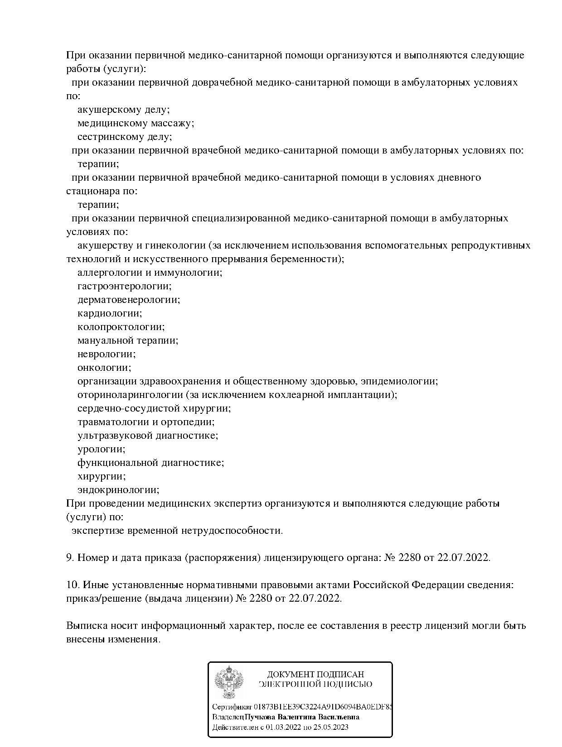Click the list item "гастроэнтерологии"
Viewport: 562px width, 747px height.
(124, 286)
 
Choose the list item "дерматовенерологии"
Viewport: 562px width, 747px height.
(128, 300)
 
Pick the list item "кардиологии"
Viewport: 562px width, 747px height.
(109, 313)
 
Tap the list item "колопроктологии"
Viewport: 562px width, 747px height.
(121, 327)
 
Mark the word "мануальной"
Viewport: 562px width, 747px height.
(105, 340)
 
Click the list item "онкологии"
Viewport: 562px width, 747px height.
(104, 368)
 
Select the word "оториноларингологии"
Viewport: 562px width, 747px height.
(130, 395)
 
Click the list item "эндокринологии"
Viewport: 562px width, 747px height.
(118, 490)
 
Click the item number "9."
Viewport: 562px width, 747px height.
(70, 558)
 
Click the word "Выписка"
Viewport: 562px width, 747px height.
(87, 626)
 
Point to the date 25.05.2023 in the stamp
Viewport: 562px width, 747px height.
(331, 728)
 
